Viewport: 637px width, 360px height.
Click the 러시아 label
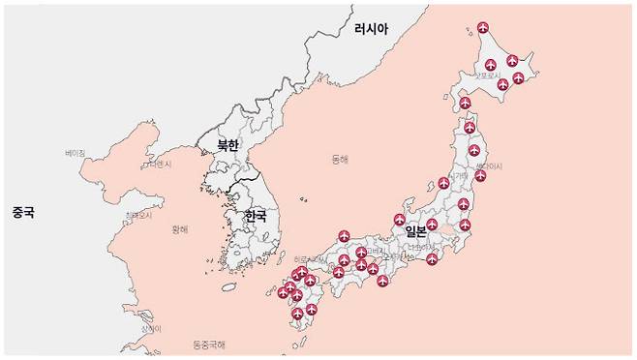coord(371,30)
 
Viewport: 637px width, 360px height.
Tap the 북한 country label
coord(228,146)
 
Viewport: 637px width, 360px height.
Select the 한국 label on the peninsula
coord(256,216)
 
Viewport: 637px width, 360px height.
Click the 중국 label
coord(23,211)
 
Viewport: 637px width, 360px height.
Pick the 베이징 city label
coord(76,153)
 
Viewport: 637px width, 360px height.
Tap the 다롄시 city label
coord(159,165)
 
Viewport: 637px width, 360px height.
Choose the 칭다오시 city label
coord(139,215)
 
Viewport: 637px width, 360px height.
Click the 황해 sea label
coord(180,229)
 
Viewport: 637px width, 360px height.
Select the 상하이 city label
coord(149,329)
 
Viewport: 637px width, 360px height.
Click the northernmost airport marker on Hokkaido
coord(484,26)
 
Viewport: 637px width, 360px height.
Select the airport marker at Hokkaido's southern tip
coord(465,103)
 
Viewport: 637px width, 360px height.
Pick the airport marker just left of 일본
coord(399,220)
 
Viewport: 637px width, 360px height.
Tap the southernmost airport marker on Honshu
coord(383,282)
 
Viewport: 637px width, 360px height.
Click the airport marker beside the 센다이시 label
coord(480,176)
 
